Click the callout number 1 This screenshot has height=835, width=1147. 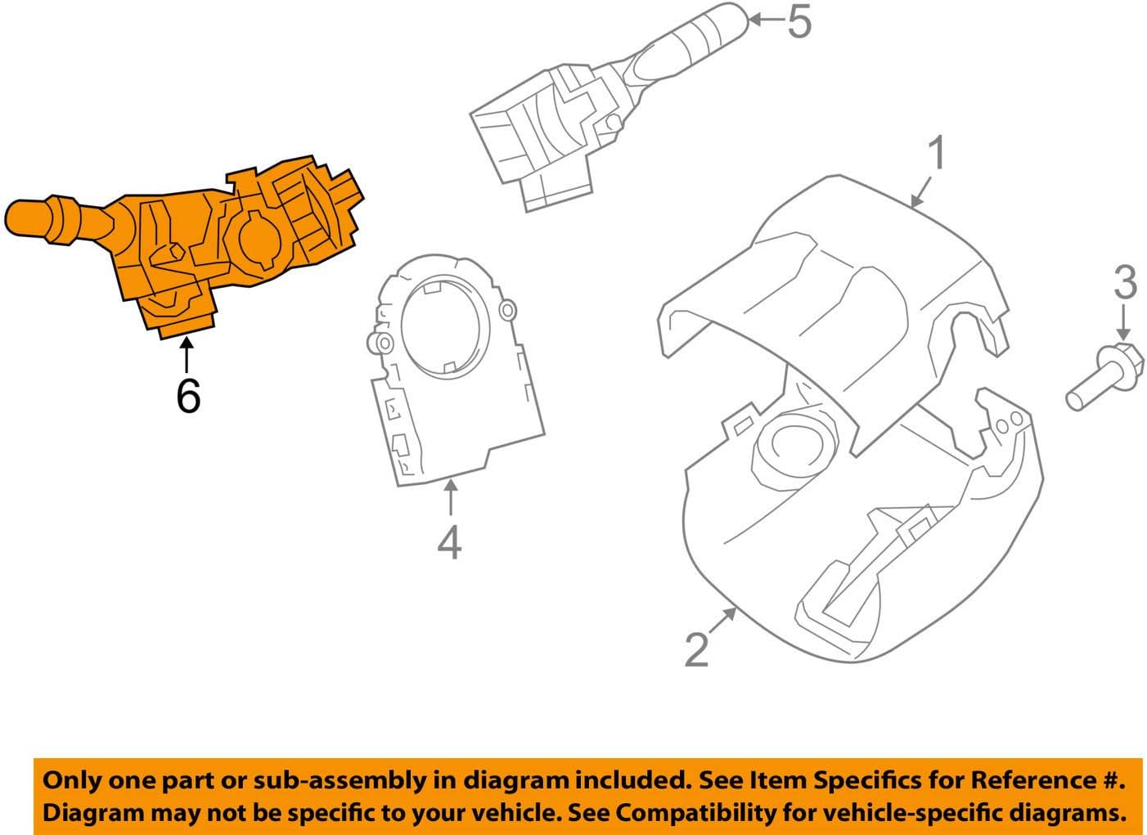pyautogui.click(x=936, y=154)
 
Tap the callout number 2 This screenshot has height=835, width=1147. pyautogui.click(x=696, y=649)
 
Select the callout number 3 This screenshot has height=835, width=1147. pyautogui.click(x=1125, y=282)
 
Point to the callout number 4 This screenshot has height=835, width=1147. pyautogui.click(x=449, y=542)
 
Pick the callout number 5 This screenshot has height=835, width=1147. pyautogui.click(x=798, y=21)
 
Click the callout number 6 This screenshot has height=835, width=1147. pyautogui.click(x=188, y=396)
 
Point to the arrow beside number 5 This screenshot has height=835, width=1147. pyautogui.click(x=767, y=18)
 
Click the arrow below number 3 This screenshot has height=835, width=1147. pyautogui.click(x=1124, y=323)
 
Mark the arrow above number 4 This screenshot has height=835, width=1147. pyautogui.click(x=449, y=497)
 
